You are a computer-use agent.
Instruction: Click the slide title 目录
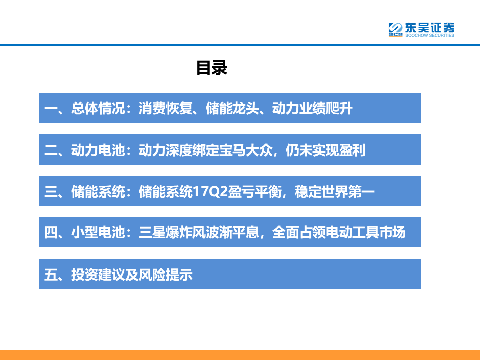tap(212, 68)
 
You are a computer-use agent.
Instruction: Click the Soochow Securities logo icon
tap(395, 29)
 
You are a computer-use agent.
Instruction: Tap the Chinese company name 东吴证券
tap(430, 28)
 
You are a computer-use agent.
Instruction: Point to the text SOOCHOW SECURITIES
tap(430, 35)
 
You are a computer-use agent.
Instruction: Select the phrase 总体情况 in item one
tap(98, 108)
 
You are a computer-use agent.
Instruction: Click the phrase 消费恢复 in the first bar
tap(165, 108)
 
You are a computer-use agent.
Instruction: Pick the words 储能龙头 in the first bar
tap(232, 108)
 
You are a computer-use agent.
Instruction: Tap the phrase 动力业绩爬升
tap(312, 108)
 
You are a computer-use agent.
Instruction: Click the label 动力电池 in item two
tap(98, 150)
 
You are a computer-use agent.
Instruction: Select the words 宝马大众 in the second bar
tap(246, 150)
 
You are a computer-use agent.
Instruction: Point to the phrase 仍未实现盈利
tap(325, 150)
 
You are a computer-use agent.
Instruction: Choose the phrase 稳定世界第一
tap(335, 191)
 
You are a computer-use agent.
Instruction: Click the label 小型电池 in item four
tap(98, 232)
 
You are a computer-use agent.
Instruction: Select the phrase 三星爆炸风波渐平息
tap(199, 232)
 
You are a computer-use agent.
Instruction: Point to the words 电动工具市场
tap(366, 232)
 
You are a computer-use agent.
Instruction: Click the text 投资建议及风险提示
tap(132, 274)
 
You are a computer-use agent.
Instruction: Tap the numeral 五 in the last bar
tap(51, 274)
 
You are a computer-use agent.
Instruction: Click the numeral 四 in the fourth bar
tap(51, 232)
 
